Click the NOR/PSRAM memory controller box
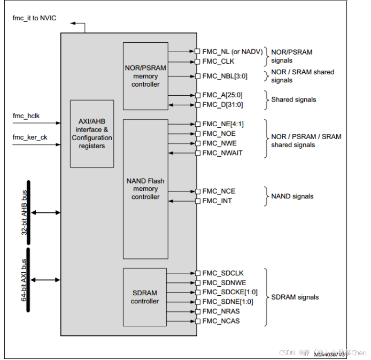[x=145, y=76]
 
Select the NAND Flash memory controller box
[x=145, y=189]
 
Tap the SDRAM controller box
[x=145, y=297]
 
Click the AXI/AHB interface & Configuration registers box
[x=92, y=134]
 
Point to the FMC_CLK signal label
[x=218, y=62]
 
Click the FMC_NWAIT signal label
[x=222, y=153]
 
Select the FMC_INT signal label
[x=217, y=201]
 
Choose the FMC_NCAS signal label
[x=221, y=321]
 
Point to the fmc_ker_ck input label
[x=30, y=137]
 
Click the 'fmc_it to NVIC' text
[x=34, y=19]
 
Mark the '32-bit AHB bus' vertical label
[x=25, y=213]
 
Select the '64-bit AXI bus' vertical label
[x=25, y=279]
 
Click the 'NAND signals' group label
[x=292, y=196]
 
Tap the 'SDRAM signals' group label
[x=295, y=297]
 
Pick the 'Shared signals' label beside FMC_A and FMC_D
[x=293, y=99]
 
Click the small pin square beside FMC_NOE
[x=197, y=134]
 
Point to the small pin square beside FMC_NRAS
[x=197, y=311]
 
